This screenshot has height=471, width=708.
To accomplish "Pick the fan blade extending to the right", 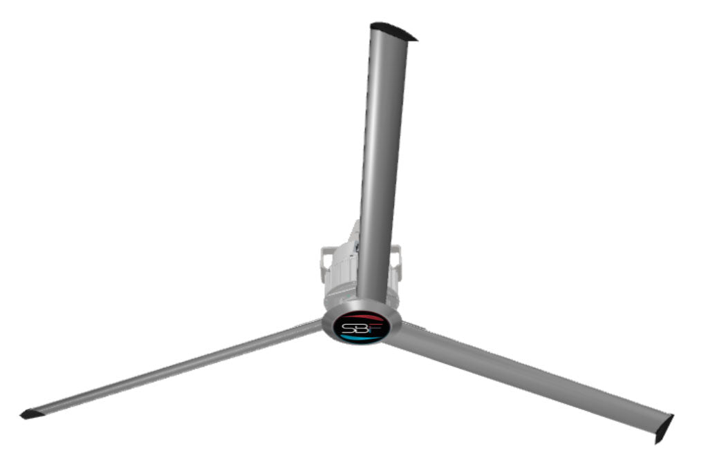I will pos(525,376).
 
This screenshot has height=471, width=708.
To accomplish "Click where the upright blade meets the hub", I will pos(371,304).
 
